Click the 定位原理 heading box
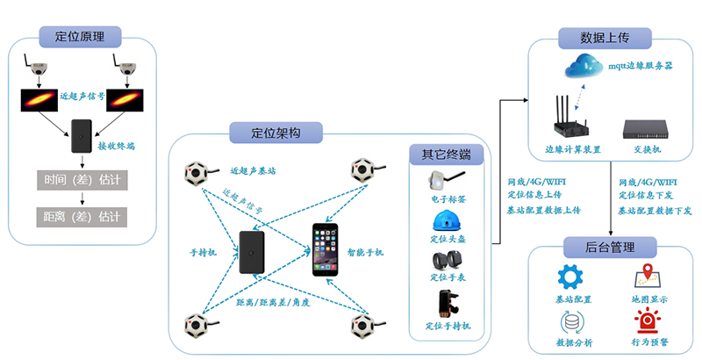[x=81, y=36]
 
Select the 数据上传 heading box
[x=605, y=38]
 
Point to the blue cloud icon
[x=582, y=65]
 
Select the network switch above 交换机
[x=648, y=130]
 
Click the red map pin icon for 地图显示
[x=647, y=277]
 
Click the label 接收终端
[x=117, y=146]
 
